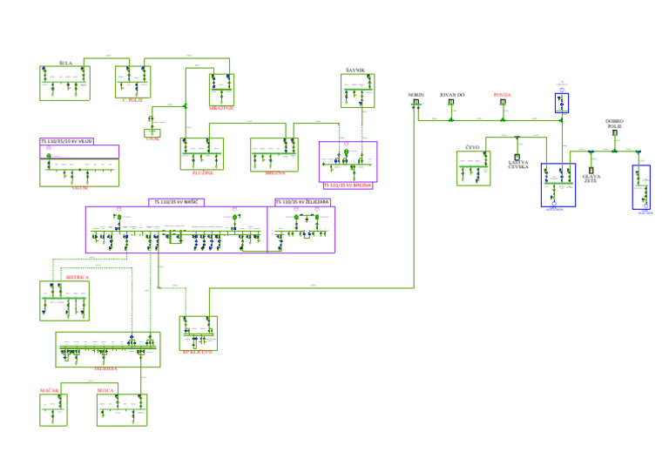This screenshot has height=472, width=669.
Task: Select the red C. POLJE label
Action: [132, 100]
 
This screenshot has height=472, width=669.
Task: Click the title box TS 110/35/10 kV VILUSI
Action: [67, 141]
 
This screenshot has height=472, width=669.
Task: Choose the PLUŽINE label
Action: [202, 172]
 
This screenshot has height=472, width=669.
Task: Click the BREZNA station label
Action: [275, 172]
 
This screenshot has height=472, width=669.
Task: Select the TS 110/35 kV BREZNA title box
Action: [348, 185]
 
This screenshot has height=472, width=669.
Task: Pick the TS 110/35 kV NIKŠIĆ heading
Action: [177, 201]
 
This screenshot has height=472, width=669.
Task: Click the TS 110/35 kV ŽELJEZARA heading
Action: [302, 201]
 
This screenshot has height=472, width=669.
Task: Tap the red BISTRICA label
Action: [78, 277]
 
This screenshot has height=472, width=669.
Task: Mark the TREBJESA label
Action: [106, 369]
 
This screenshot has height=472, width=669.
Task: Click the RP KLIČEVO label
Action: [197, 352]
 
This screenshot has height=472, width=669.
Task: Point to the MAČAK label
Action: [50, 391]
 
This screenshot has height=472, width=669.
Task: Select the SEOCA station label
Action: [107, 391]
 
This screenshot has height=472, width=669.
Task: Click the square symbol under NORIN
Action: [416, 103]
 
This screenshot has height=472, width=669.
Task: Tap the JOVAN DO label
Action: [451, 94]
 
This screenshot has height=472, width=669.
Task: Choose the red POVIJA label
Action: [503, 94]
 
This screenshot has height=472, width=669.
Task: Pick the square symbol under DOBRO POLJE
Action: [615, 133]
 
